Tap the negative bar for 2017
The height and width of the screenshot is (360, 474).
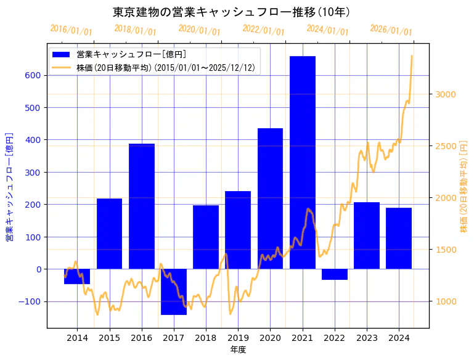coord(174,292)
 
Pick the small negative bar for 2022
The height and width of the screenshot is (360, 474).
coord(334,274)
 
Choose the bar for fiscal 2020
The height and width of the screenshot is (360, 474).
coord(270,198)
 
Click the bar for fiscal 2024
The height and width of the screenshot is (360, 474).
coord(398,238)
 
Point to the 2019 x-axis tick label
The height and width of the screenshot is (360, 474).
coord(238,338)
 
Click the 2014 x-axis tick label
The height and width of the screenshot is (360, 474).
coord(78,338)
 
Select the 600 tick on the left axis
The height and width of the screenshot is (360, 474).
coord(33,76)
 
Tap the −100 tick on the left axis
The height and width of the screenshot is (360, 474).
coord(30,301)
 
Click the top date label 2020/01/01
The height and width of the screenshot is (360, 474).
coord(199,30)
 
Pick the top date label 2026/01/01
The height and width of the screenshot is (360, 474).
coord(391,30)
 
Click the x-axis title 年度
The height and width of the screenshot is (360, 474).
coord(238,350)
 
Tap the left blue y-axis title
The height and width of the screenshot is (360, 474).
coord(9,186)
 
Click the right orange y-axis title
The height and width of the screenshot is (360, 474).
coord(464,186)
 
